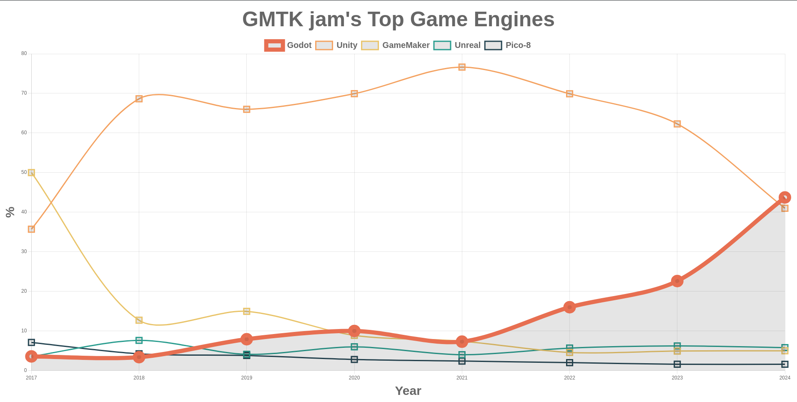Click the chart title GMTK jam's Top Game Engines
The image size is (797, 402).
tap(398, 20)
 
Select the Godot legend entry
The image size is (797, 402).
tap(288, 45)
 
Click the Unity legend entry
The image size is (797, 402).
tap(336, 45)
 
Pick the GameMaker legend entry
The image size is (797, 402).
tap(395, 45)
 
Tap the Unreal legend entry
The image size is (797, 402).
tap(457, 45)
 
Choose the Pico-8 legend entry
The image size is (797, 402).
tap(507, 45)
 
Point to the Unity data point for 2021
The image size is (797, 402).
tap(462, 67)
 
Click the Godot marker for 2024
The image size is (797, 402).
tap(784, 198)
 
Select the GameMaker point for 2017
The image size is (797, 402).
tap(31, 173)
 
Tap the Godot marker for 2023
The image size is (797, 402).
tap(677, 281)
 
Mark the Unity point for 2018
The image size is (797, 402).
tap(139, 99)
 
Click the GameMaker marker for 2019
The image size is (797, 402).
tap(246, 312)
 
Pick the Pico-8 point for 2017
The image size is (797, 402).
tap(31, 342)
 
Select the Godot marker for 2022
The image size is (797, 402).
tap(569, 307)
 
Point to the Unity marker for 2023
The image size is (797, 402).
tap(677, 124)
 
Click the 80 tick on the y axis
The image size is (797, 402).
tap(24, 53)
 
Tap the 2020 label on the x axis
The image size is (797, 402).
tap(354, 378)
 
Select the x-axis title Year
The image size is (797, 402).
tap(408, 391)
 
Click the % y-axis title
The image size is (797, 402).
tap(10, 212)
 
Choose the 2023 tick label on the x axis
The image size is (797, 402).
tap(677, 378)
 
